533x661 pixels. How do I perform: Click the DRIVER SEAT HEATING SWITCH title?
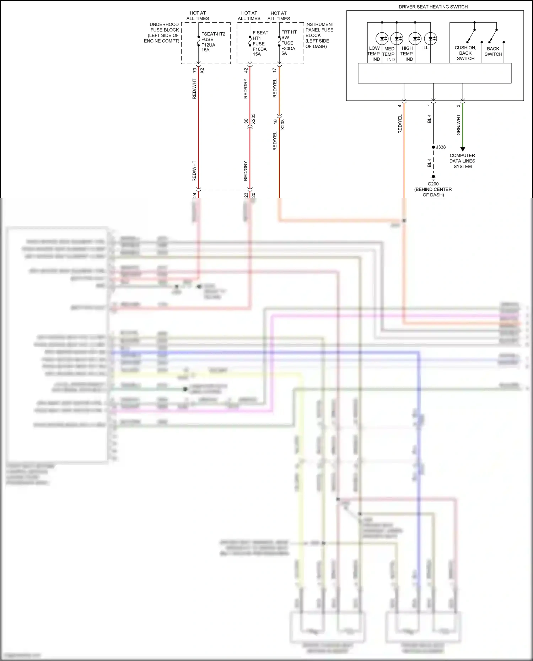pyautogui.click(x=433, y=7)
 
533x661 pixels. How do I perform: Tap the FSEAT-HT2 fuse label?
pyautogui.click(x=213, y=42)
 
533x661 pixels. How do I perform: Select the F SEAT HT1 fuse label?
pyautogui.click(x=260, y=43)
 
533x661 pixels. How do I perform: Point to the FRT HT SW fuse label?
pyautogui.click(x=289, y=43)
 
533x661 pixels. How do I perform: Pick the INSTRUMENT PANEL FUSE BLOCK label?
pyautogui.click(x=319, y=35)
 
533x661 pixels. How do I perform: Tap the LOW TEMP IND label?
pyautogui.click(x=374, y=54)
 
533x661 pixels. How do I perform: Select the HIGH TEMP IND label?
pyautogui.click(x=407, y=54)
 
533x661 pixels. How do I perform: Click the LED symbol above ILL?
pyautogui.click(x=431, y=38)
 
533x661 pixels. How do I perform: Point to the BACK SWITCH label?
pyautogui.click(x=493, y=52)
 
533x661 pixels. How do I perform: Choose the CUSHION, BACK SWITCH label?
pyautogui.click(x=465, y=53)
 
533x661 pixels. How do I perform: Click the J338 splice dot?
pyautogui.click(x=434, y=147)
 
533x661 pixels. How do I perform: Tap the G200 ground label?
pyautogui.click(x=433, y=184)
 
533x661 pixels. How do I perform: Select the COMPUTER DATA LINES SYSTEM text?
pyautogui.click(x=462, y=161)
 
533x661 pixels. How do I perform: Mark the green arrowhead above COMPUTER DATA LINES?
pyautogui.click(x=463, y=149)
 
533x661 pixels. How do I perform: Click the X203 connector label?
pyautogui.click(x=253, y=119)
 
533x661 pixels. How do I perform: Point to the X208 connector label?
pyautogui.click(x=283, y=124)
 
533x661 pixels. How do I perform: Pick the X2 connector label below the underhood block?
pyautogui.click(x=202, y=71)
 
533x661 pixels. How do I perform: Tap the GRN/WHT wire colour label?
pyautogui.click(x=458, y=125)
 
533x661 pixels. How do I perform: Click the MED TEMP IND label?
pyautogui.click(x=389, y=54)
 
